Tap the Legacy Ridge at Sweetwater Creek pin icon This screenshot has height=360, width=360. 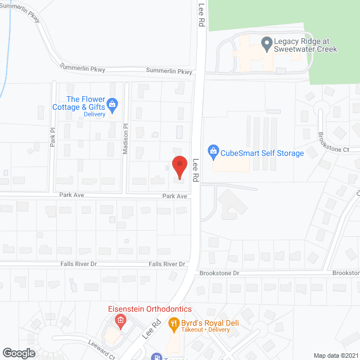(267, 41)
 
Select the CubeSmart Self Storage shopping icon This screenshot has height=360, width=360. (213, 150)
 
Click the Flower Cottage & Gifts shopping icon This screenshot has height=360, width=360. (112, 103)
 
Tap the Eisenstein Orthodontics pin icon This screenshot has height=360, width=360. (119, 321)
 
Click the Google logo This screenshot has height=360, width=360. (19, 353)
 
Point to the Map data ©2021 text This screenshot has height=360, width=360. (335, 355)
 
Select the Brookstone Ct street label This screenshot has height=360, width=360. (334, 143)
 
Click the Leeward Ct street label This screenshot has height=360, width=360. (101, 349)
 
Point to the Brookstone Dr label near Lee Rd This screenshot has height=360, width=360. (219, 273)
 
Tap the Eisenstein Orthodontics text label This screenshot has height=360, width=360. (150, 309)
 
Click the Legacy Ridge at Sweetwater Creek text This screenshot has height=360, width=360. (305, 45)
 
